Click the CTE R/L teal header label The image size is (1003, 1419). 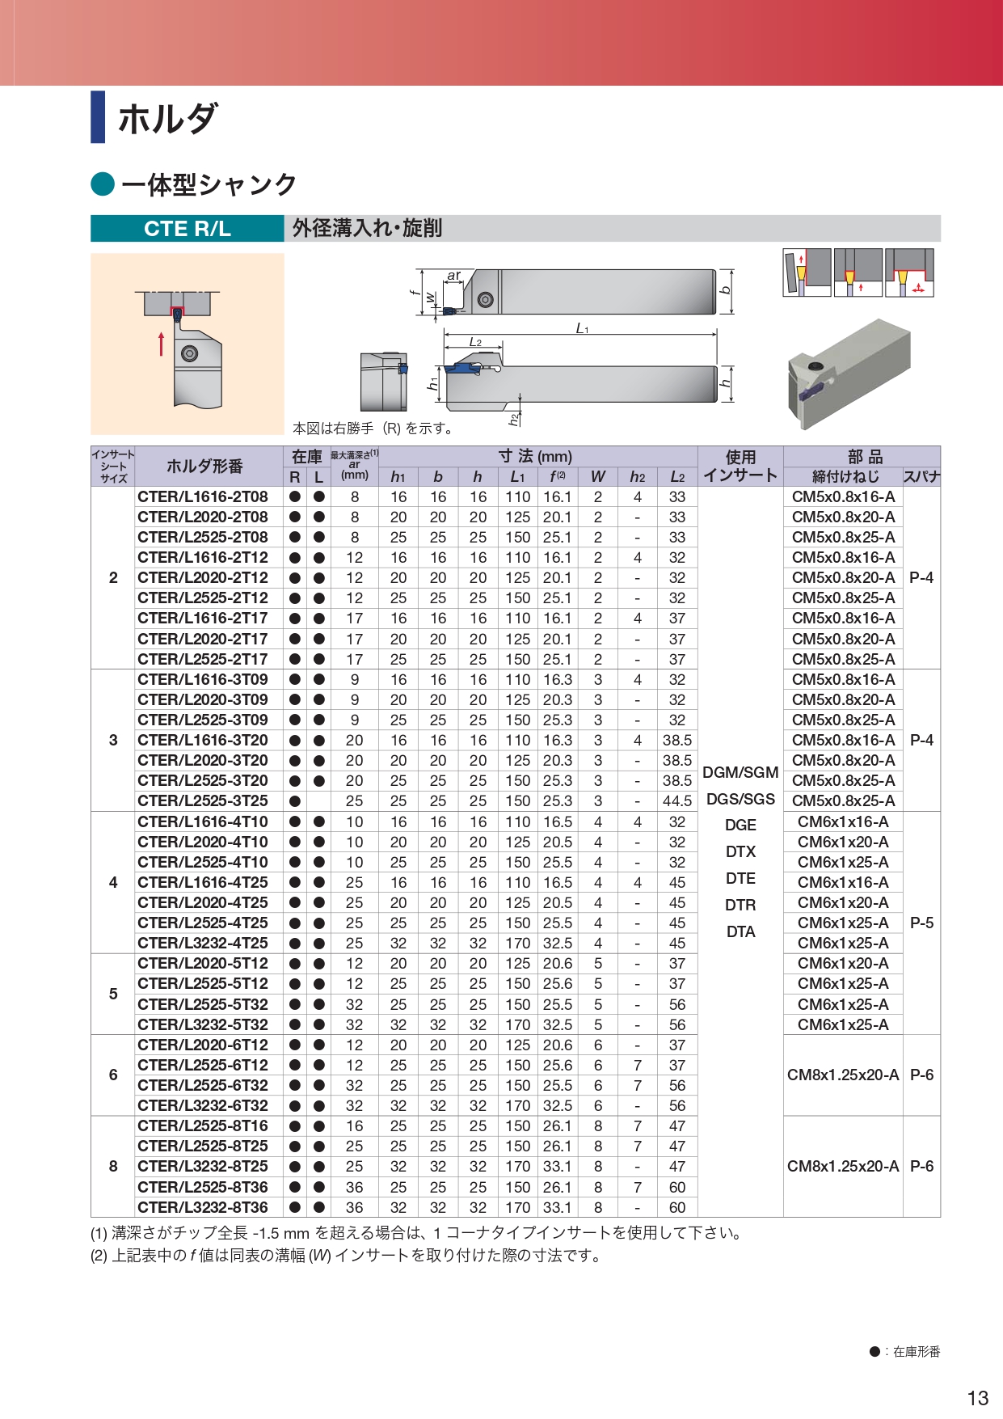point(187,229)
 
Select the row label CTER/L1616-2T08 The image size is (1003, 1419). point(203,496)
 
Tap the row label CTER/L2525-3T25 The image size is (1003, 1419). point(203,800)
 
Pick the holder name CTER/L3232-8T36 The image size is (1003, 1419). point(203,1207)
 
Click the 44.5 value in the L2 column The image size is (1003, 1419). point(677,800)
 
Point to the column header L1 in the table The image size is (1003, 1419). point(517,477)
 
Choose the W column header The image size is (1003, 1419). point(598,477)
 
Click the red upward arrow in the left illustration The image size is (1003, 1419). point(162,344)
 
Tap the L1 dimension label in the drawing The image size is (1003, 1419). point(582,328)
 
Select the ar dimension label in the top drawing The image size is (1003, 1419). point(454,276)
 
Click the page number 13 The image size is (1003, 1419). point(977,1398)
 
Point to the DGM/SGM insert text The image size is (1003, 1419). point(740,772)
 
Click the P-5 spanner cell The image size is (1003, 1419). point(921,923)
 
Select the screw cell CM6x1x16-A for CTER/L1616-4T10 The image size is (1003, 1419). point(843,821)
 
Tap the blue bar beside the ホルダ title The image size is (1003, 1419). point(98,117)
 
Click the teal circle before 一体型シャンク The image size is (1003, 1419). point(103,184)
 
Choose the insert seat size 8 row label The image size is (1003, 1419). point(113,1166)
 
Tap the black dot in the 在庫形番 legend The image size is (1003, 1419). point(874,1351)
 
